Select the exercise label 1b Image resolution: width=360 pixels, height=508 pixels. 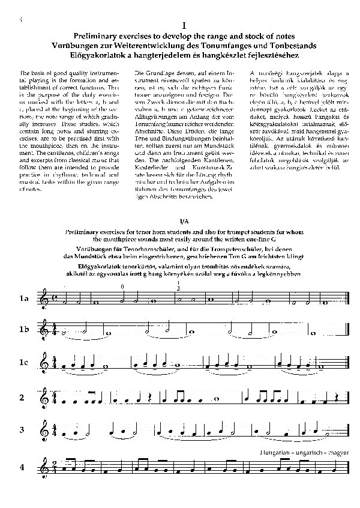[23, 330]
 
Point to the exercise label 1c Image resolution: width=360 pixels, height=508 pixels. [23, 363]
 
